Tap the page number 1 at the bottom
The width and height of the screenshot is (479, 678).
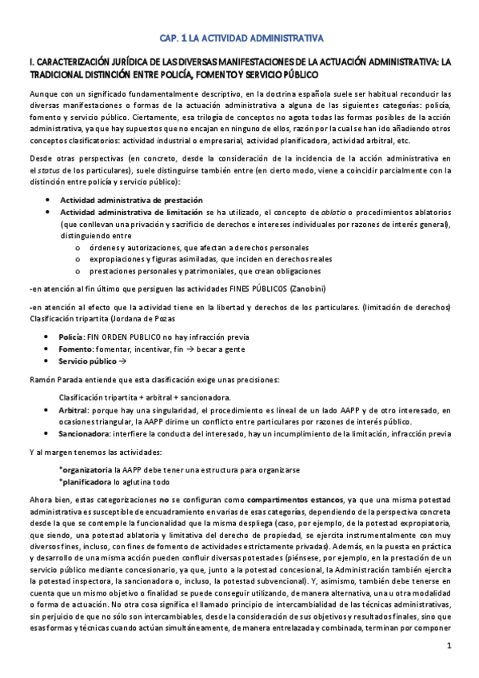[x=449, y=646]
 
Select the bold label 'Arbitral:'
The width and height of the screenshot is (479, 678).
[x=78, y=409]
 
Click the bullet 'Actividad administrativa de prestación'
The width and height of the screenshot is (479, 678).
[x=132, y=200]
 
